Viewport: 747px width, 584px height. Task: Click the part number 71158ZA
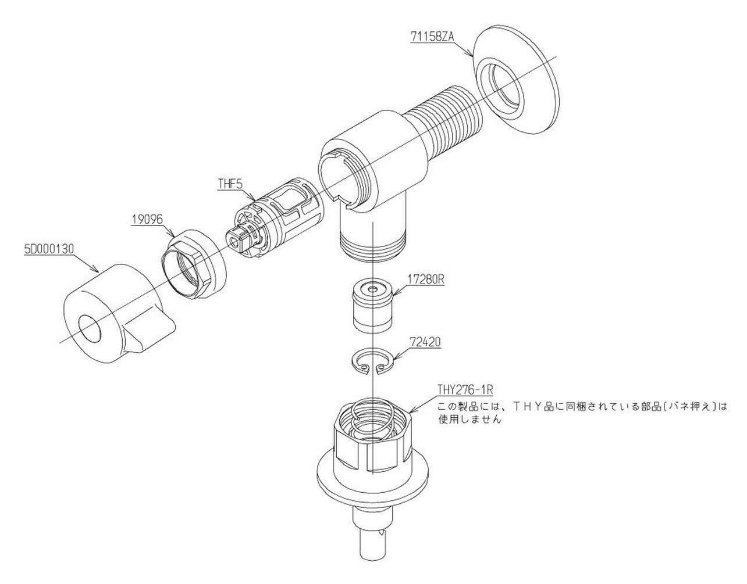tap(432, 36)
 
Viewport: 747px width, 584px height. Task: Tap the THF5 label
tap(230, 184)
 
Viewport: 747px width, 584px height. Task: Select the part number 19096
tap(147, 219)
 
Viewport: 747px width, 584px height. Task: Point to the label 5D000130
tap(49, 249)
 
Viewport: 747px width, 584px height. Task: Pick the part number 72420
tap(425, 342)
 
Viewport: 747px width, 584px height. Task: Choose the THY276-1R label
tap(465, 390)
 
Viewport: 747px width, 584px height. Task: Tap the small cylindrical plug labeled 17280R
tap(373, 305)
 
